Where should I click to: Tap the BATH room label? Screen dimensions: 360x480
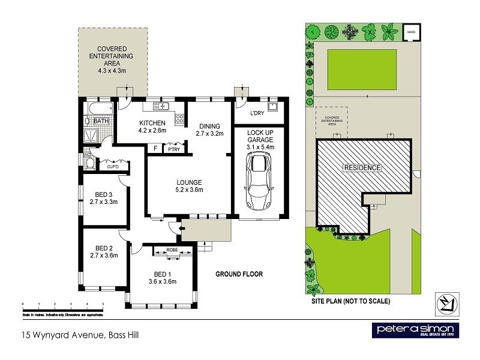(100, 121)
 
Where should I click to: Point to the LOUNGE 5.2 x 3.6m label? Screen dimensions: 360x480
(188, 186)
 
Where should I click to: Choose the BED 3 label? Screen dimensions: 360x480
(104, 198)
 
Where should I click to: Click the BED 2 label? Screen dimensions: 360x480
(104, 251)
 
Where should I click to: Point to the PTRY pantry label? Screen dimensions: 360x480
(174, 149)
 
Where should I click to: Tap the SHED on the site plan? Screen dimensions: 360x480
(411, 32)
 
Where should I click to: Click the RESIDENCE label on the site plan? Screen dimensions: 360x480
(362, 168)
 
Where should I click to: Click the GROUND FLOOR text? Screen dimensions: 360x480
(239, 274)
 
